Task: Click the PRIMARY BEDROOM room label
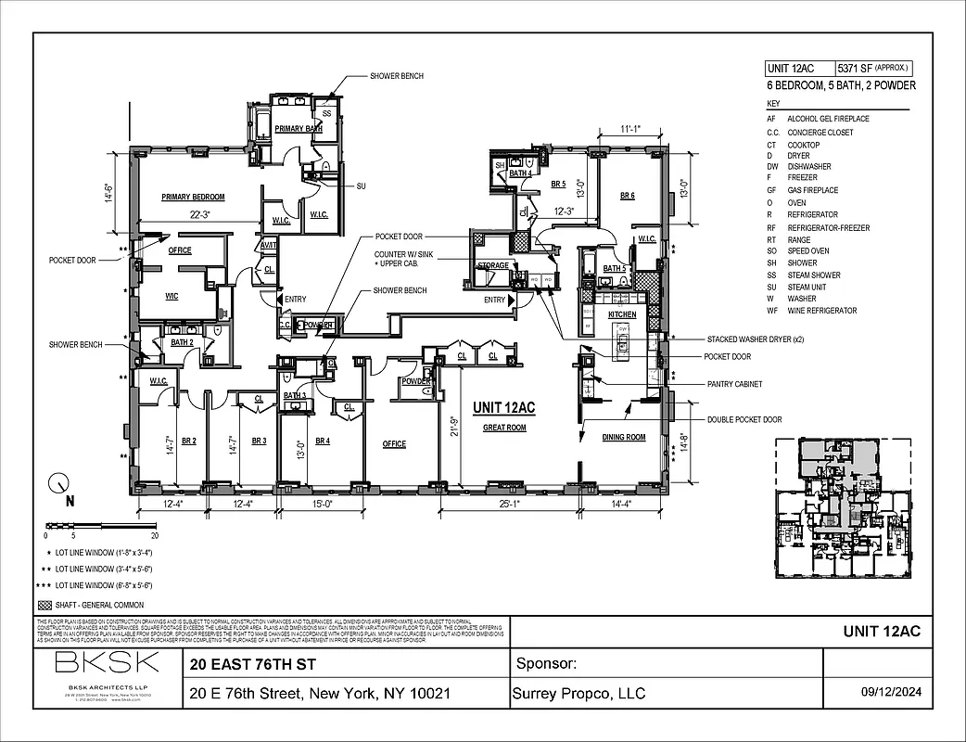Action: [193, 198]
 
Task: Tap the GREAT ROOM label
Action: [504, 428]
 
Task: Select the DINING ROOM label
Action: [623, 437]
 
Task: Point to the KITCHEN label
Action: [622, 315]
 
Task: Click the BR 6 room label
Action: [627, 196]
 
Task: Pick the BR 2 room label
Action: [187, 441]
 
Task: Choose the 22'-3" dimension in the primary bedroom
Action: [200, 214]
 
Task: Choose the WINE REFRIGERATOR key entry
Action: [821, 311]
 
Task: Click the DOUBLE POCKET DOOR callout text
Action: [744, 419]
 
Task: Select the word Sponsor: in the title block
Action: [545, 664]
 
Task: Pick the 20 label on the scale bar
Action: [155, 536]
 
